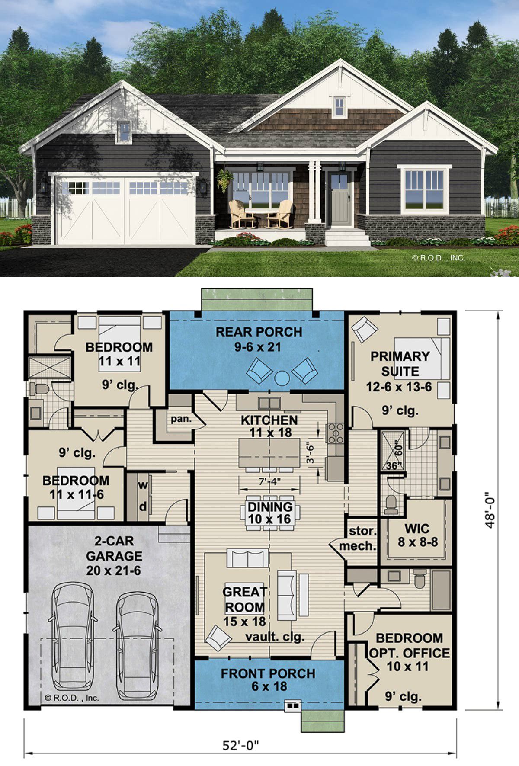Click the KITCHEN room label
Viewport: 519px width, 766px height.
[269, 420]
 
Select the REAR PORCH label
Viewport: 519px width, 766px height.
[259, 332]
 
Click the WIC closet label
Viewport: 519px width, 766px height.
[417, 529]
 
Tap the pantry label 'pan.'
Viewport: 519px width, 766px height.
[181, 419]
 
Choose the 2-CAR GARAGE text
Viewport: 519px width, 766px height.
[114, 548]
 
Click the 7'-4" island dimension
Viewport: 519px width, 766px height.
[269, 482]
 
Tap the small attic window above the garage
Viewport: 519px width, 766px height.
[124, 131]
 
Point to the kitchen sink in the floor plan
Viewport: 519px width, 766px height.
[269, 403]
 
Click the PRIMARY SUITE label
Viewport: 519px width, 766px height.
[400, 364]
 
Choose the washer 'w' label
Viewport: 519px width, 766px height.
[143, 485]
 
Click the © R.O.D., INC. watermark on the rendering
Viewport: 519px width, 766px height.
[439, 258]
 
